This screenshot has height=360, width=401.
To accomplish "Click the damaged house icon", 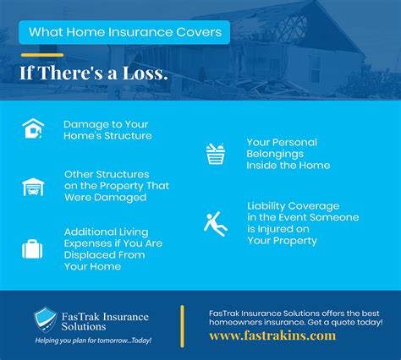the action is tap(33, 128).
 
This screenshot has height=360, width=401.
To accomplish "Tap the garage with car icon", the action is tap(33, 187).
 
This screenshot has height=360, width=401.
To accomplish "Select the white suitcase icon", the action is tap(32, 249).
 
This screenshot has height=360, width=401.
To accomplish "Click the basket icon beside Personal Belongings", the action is tap(216, 154).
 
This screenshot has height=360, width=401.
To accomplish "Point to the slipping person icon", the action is tap(216, 224).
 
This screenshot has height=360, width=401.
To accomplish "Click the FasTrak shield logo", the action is tap(46, 319).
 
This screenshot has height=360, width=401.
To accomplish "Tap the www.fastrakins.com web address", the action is tap(272, 335).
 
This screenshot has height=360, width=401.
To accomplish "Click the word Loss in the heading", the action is tap(146, 73).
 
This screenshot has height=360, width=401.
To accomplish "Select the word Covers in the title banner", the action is tap(199, 32).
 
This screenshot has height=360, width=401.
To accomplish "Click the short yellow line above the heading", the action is tap(42, 55).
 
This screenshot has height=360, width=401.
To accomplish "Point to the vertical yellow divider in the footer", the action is tap(182, 326).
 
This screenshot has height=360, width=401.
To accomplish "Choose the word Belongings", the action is tap(275, 154).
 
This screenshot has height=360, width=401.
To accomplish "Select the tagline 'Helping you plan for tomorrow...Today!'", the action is tap(93, 341).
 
